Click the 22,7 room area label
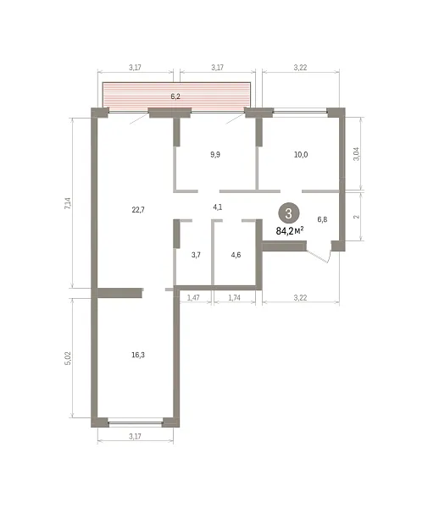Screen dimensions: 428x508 pyautogui.click(x=138, y=210)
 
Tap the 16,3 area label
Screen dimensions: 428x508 pyautogui.click(x=138, y=355)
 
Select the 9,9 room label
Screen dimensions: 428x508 pyautogui.click(x=215, y=155)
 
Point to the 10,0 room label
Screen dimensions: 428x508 pyautogui.click(x=301, y=155)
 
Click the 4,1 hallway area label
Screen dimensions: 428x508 pyautogui.click(x=218, y=207)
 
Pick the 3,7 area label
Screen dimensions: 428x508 pyautogui.click(x=196, y=255)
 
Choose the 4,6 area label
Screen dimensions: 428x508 pyautogui.click(x=236, y=255)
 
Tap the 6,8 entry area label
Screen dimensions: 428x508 pyautogui.click(x=322, y=219)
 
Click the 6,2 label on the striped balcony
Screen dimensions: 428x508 pyautogui.click(x=175, y=97)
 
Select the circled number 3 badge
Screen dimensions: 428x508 pyautogui.click(x=288, y=213)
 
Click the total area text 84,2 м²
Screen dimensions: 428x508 pyautogui.click(x=290, y=230)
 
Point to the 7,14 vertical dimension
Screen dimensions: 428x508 pyautogui.click(x=68, y=203)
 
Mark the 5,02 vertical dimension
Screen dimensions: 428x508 pyautogui.click(x=68, y=358)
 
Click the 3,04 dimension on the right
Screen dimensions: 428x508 pyautogui.click(x=356, y=154)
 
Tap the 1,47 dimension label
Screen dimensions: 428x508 pyautogui.click(x=193, y=297)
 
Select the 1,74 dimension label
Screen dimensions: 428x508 pyautogui.click(x=235, y=297)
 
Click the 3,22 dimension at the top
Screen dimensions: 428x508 pyautogui.click(x=300, y=68)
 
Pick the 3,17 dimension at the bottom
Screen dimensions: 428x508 pyautogui.click(x=135, y=436)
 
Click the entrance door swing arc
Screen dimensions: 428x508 pyautogui.click(x=328, y=257)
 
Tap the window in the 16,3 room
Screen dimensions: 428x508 pyautogui.click(x=136, y=422)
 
